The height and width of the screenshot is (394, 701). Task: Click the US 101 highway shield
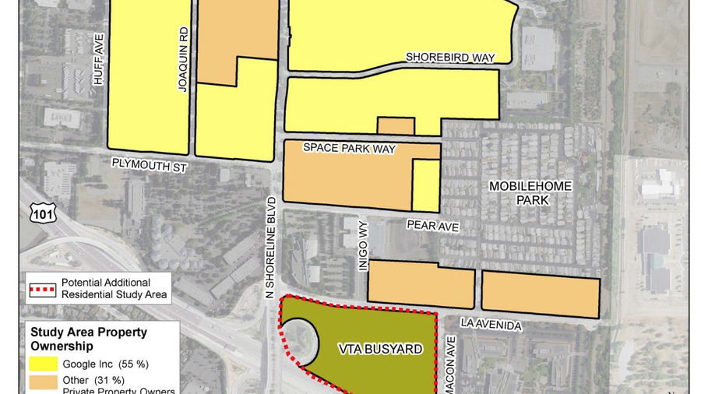tap(35, 212)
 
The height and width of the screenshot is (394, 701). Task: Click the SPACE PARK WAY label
tap(350, 148)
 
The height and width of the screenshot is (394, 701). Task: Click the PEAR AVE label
tap(432, 225)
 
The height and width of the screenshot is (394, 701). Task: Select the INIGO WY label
tap(362, 255)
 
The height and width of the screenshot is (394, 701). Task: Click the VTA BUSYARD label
tap(379, 350)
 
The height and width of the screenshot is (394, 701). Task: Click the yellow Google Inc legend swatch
tap(42, 364)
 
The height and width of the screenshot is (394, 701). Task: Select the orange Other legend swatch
tap(42, 380)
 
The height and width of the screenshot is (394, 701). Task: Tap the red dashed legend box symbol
tap(42, 287)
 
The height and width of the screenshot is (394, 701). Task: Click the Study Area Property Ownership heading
tap(89, 339)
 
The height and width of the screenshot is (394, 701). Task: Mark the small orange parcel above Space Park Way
tap(396, 125)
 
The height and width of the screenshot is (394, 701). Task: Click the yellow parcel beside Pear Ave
tap(425, 185)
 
